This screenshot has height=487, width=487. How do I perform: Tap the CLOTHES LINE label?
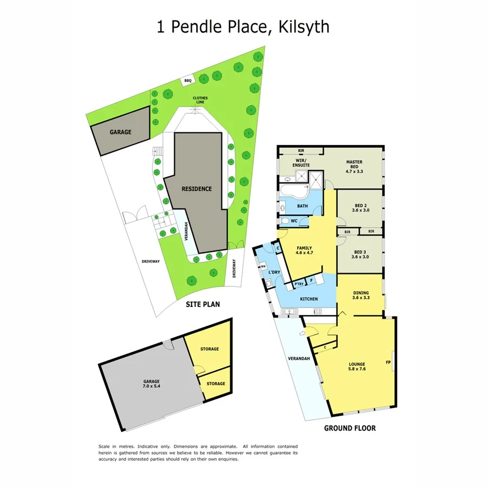tap(201, 100)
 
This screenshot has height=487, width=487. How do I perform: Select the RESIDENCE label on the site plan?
tap(196, 189)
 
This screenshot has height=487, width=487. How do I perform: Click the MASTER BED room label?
tap(354, 165)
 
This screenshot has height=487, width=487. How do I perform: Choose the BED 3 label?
tap(360, 254)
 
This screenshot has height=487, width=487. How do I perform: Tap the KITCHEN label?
tap(309, 299)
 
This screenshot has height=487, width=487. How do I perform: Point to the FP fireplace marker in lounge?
tap(388, 362)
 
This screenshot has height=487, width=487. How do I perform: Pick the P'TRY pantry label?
tap(299, 284)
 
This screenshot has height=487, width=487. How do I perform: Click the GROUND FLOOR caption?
tap(350, 428)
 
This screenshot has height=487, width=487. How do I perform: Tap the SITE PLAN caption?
tap(203, 304)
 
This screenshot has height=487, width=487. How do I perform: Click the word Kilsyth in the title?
tap(304, 27)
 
